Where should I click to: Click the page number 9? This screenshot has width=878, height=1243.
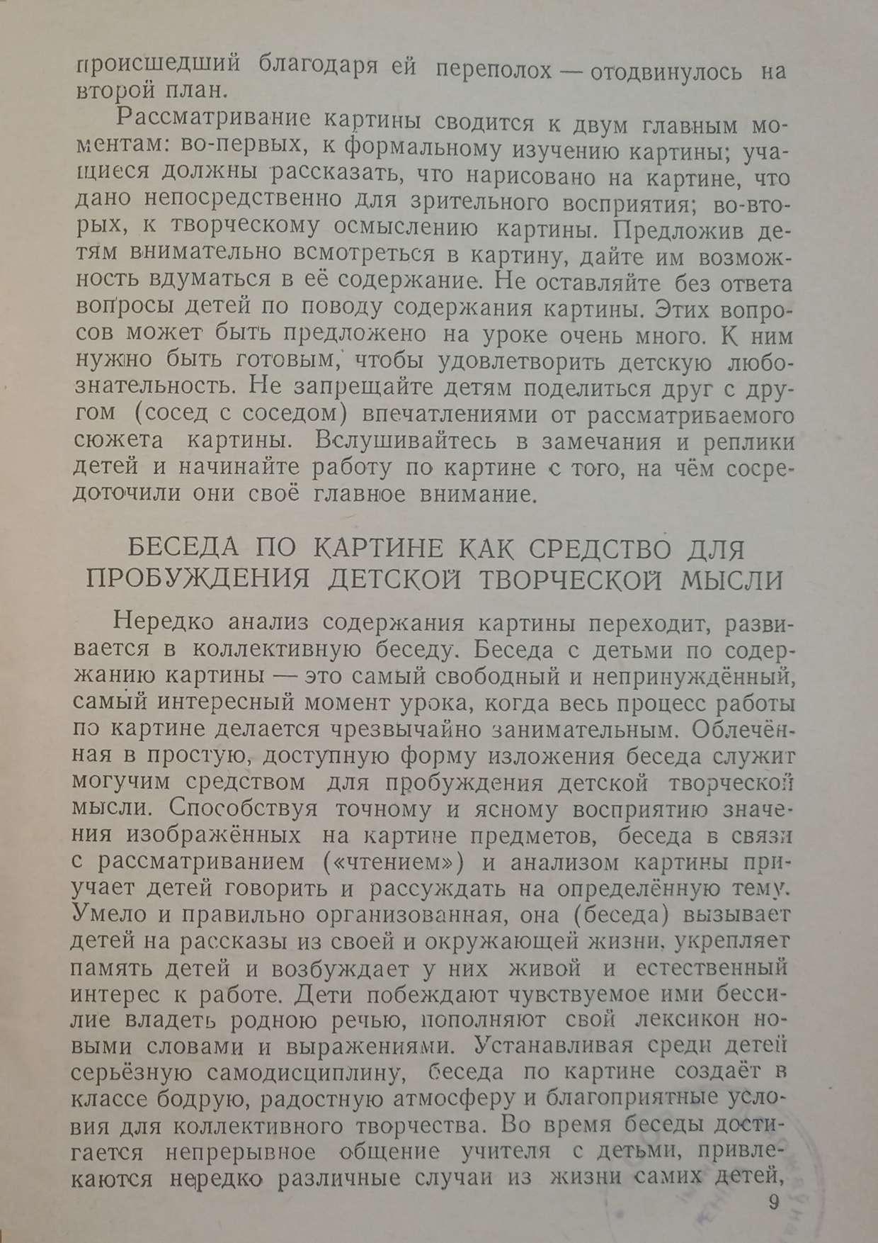click(x=772, y=1202)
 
